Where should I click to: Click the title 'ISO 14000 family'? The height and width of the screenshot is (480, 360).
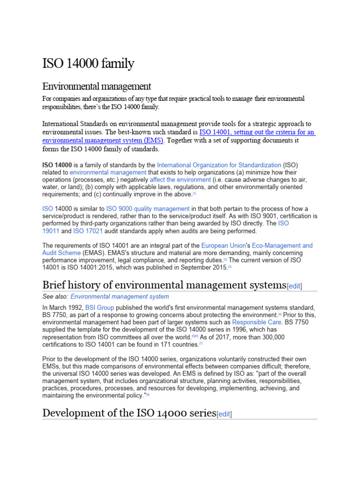click(x=88, y=63)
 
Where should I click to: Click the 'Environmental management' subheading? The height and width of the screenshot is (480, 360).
click(x=97, y=86)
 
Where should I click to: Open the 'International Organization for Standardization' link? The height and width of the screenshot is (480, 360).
click(x=219, y=165)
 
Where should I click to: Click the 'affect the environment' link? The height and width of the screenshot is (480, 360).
click(x=180, y=180)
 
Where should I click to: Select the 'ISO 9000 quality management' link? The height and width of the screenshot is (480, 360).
click(x=148, y=209)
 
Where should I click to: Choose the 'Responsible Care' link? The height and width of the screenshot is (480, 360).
click(x=257, y=322)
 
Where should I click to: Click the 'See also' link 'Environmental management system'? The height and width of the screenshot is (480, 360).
click(x=120, y=297)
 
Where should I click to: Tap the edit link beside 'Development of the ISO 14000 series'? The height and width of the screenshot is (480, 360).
click(x=224, y=414)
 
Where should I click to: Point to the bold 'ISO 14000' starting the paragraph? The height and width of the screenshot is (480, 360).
click(x=57, y=165)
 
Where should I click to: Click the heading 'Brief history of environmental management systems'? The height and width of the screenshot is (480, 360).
click(x=164, y=285)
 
